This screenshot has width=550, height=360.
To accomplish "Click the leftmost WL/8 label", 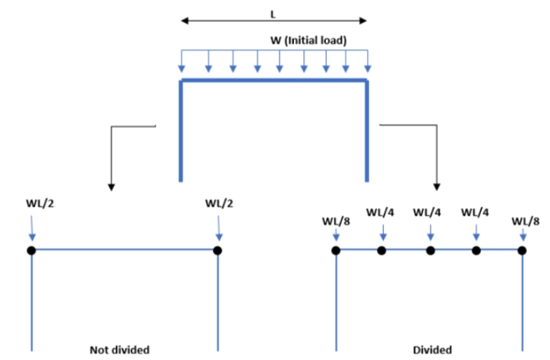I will pos(336,220).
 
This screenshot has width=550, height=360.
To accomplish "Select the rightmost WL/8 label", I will pos(525,220).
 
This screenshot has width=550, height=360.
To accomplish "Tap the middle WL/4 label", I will pos(428,211).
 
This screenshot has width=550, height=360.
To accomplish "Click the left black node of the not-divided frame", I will pos(31,249).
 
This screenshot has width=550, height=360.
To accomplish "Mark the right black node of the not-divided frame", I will pos(218,249).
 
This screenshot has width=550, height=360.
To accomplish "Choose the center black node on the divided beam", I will pos(430,249).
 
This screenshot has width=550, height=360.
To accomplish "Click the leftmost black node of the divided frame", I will pos(336,249).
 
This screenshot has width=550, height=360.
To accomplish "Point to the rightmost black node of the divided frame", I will pos(523,249).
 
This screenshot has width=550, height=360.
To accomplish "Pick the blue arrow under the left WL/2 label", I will pos(31,227).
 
